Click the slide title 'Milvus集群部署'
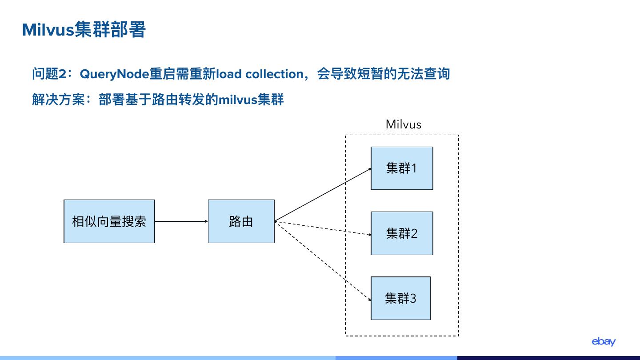tap(84, 30)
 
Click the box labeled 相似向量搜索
tap(109, 221)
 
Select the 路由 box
tap(241, 221)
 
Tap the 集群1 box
tap(402, 168)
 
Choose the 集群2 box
tap(402, 233)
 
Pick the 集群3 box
tap(400, 298)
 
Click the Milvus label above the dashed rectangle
tap(403, 124)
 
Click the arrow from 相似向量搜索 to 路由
tap(181, 221)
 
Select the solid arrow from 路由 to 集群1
tap(323, 195)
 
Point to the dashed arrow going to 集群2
tap(323, 228)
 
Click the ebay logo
tap(603, 341)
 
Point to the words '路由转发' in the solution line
tap(178, 99)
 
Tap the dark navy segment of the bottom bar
tap(548, 358)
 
